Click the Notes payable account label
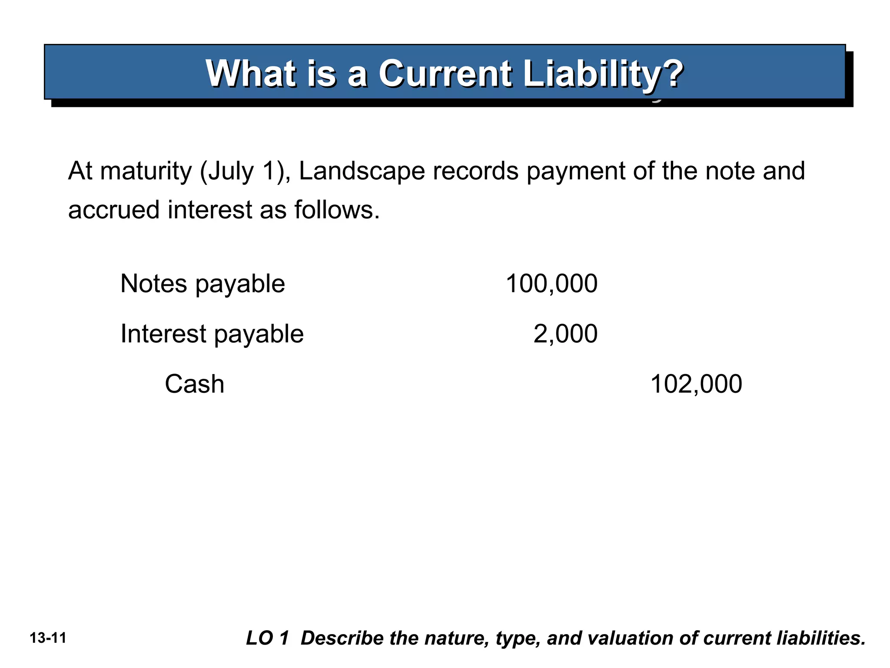(203, 284)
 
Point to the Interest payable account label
(212, 334)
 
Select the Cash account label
(194, 384)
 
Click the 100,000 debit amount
(551, 284)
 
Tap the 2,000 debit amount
(565, 334)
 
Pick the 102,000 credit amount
(696, 384)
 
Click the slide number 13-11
(48, 638)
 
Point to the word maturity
(146, 171)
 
